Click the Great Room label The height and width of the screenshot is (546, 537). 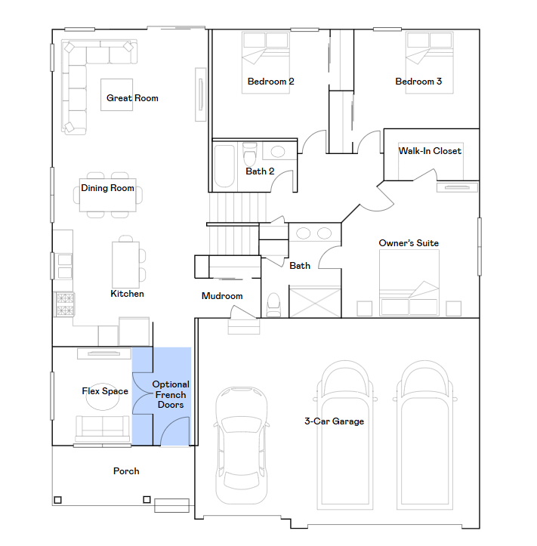coord(132,98)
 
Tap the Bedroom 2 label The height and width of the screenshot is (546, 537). coord(270,82)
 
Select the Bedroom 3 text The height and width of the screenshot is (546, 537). coord(418,82)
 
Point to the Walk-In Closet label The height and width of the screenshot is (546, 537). coord(430,151)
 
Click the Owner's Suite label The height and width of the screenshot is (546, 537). coord(409,243)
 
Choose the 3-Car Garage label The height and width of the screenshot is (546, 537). coord(334,421)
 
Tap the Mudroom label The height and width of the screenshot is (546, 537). coord(222,296)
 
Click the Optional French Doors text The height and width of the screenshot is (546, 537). coord(171,395)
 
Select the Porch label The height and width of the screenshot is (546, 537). coord(126,471)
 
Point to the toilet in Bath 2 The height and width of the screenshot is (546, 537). coord(250,154)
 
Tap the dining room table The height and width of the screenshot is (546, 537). coord(108,197)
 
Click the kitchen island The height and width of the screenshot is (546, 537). coord(125,261)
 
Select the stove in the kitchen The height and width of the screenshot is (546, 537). coord(64,304)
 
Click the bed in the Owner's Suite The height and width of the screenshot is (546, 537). coord(409,284)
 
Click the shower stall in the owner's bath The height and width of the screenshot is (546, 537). coord(312,301)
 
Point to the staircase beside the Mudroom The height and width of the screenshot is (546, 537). coord(236,223)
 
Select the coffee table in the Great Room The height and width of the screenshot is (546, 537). coord(117,94)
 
